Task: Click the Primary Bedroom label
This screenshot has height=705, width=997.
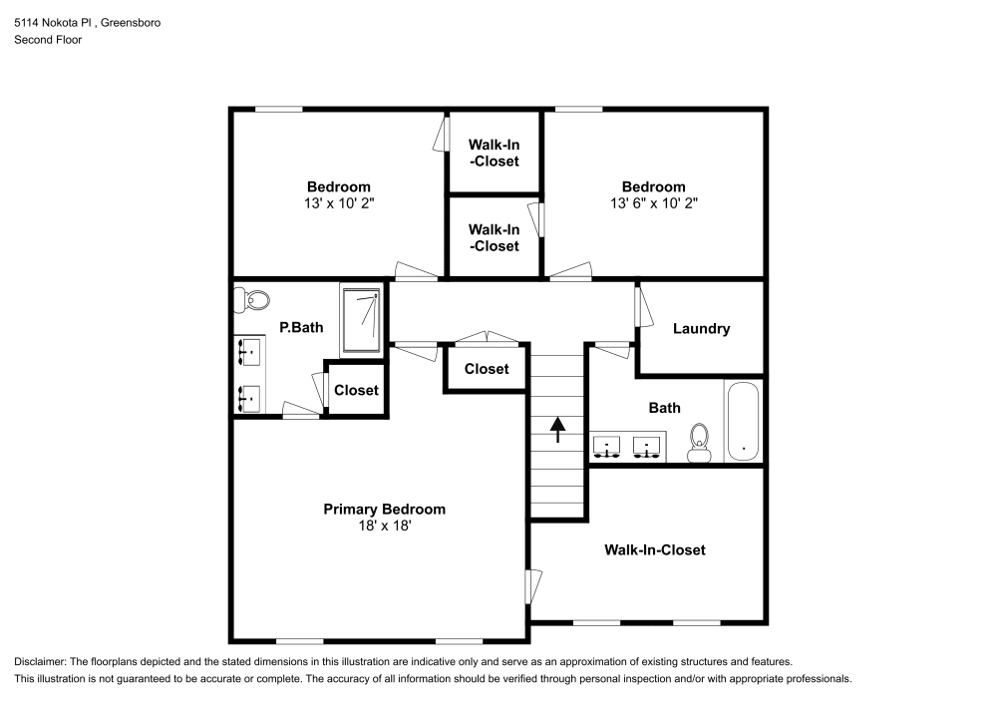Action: click(384, 510)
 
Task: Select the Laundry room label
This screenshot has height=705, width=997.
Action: click(701, 329)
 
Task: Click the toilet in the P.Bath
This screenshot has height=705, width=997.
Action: click(253, 298)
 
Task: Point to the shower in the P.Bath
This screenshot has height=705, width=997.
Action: click(360, 320)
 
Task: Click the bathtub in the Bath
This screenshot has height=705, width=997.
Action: click(743, 420)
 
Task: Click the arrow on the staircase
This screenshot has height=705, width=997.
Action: click(557, 428)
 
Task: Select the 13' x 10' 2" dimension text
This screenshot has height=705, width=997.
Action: click(338, 202)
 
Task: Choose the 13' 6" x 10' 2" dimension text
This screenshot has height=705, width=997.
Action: click(653, 202)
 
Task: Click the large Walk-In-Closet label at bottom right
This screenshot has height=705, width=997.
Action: click(654, 549)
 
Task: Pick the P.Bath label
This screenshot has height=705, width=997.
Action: click(300, 327)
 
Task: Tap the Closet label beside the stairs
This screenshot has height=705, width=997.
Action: click(487, 369)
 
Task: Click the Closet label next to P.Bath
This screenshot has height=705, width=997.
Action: click(355, 390)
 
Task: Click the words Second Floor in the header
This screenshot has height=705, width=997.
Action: click(48, 40)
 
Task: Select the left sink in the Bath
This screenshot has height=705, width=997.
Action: click(607, 445)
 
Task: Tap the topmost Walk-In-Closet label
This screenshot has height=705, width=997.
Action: click(495, 153)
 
